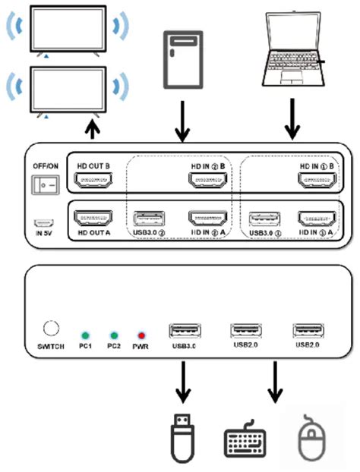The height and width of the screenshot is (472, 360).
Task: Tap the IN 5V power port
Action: point(43,225)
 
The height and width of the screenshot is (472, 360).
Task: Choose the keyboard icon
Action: point(245,442)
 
